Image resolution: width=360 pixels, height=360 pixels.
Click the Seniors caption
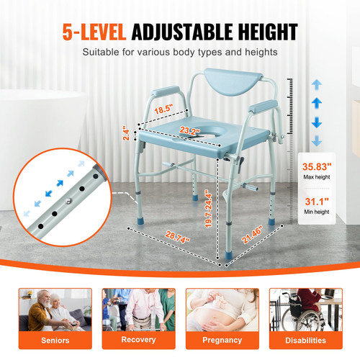pos(55,340)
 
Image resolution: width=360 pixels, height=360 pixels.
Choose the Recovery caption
pos(139,340)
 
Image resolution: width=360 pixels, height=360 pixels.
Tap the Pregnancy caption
pos(221,340)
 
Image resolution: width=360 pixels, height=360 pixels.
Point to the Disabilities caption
pos(305,340)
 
